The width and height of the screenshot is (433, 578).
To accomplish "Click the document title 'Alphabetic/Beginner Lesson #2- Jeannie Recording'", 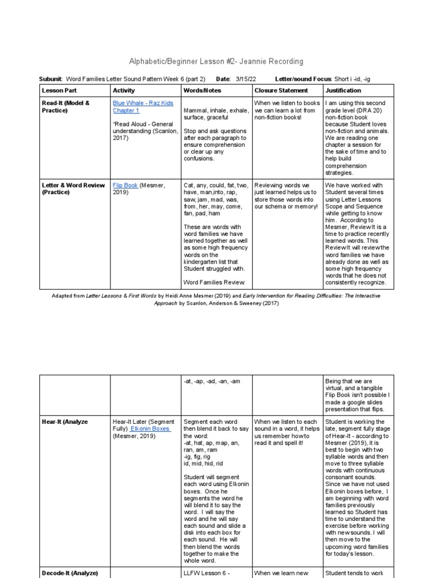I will [216, 61].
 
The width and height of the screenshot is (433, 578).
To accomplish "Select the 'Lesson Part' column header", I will [59, 90].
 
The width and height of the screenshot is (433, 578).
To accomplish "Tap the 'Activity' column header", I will [124, 90].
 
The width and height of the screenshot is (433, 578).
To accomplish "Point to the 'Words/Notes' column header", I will [202, 90].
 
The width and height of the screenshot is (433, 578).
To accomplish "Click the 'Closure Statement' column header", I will [281, 90].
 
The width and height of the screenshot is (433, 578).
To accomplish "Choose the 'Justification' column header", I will [343, 90].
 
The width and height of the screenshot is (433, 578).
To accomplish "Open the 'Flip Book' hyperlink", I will [125, 185].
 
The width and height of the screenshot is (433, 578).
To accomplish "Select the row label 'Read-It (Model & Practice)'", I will [65, 107].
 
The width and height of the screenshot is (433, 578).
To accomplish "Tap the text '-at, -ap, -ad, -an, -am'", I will [212, 381].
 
